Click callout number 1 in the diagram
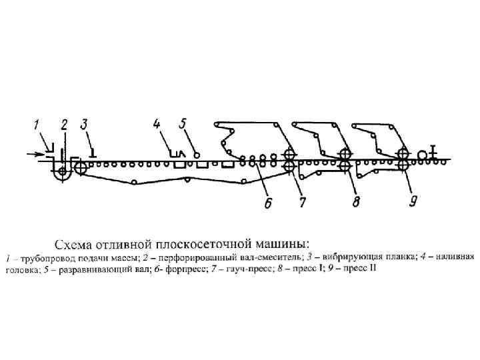[x=38, y=123]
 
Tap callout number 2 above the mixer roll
[x=64, y=123]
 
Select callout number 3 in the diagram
[x=84, y=123]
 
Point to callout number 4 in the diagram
[x=157, y=123]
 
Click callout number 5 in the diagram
[x=183, y=123]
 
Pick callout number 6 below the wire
[x=267, y=202]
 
